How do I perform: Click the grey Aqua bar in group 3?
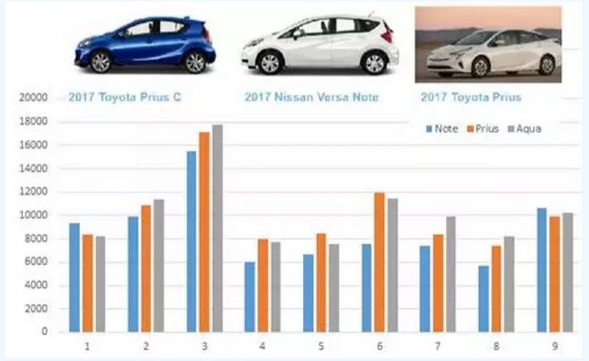point(218,229)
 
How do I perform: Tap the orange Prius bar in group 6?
point(379,262)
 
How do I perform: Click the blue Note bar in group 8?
point(483,299)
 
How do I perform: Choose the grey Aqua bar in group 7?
point(451,274)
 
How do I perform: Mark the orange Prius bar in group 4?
point(262,286)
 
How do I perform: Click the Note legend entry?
point(441,129)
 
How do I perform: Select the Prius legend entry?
point(482,129)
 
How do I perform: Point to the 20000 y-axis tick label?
point(35,98)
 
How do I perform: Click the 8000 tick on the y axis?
point(38,239)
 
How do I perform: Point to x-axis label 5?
point(321,346)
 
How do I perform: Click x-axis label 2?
point(145,346)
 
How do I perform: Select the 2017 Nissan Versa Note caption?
point(311,98)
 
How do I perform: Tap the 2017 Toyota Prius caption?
point(471,98)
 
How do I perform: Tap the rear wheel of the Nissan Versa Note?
point(374,62)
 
